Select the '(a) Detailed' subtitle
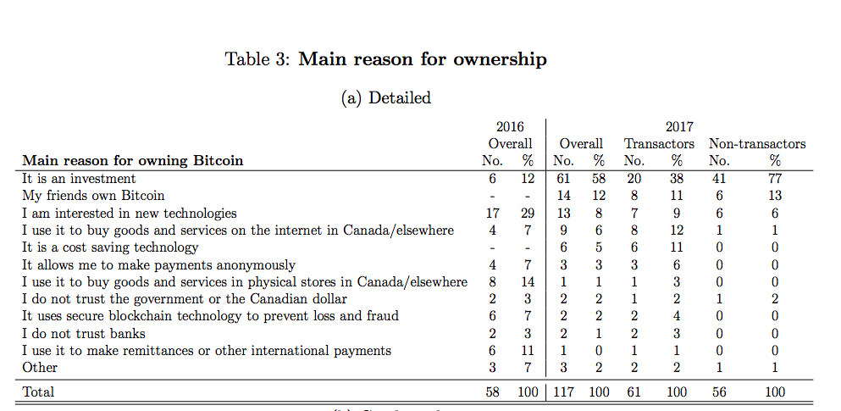click(385, 97)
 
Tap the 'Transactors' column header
click(659, 143)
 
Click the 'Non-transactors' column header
click(756, 143)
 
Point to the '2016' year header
click(510, 127)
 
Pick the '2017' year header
click(678, 127)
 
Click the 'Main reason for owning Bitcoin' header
click(132, 160)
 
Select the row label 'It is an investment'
click(79, 179)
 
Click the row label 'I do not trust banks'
click(84, 333)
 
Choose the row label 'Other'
click(40, 367)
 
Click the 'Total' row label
click(38, 392)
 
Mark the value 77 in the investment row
click(774, 179)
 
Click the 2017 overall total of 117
click(563, 392)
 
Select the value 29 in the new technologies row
click(527, 214)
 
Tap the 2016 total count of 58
click(492, 392)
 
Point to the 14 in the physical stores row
click(527, 282)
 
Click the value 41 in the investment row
click(718, 179)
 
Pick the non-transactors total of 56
click(718, 392)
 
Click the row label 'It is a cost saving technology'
click(110, 247)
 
